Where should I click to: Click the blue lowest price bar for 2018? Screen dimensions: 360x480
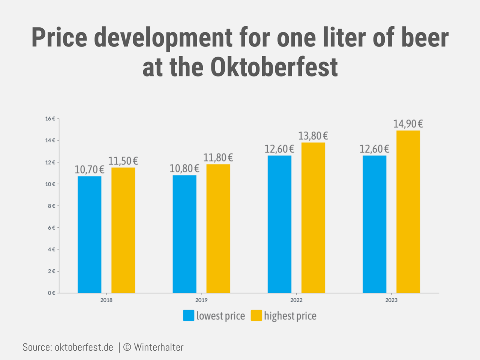[89, 235]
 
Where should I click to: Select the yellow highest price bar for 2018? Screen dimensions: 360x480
[123, 230]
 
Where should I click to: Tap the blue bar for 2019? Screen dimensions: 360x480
[184, 234]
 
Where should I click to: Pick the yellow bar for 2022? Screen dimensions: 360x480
[313, 218]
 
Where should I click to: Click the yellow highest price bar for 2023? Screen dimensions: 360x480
[408, 212]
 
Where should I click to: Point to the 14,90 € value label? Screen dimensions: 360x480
[408, 124]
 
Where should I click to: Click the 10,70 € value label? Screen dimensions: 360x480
[89, 170]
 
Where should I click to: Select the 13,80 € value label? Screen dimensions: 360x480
[313, 136]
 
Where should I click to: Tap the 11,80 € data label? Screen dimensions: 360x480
[218, 158]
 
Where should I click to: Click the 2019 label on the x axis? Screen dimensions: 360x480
[201, 300]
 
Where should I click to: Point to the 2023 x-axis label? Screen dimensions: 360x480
[391, 300]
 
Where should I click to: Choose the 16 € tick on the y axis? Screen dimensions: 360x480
[50, 119]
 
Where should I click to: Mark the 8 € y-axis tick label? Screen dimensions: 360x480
[51, 206]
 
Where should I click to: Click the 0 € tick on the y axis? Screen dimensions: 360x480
[51, 293]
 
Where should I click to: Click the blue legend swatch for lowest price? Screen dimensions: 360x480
[189, 315]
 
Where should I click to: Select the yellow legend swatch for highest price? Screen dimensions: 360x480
[256, 315]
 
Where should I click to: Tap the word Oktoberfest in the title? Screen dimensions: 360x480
[274, 67]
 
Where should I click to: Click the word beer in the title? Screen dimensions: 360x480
[425, 37]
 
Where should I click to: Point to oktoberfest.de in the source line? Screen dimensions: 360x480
[84, 347]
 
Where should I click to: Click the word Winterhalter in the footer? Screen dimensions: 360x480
[159, 347]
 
